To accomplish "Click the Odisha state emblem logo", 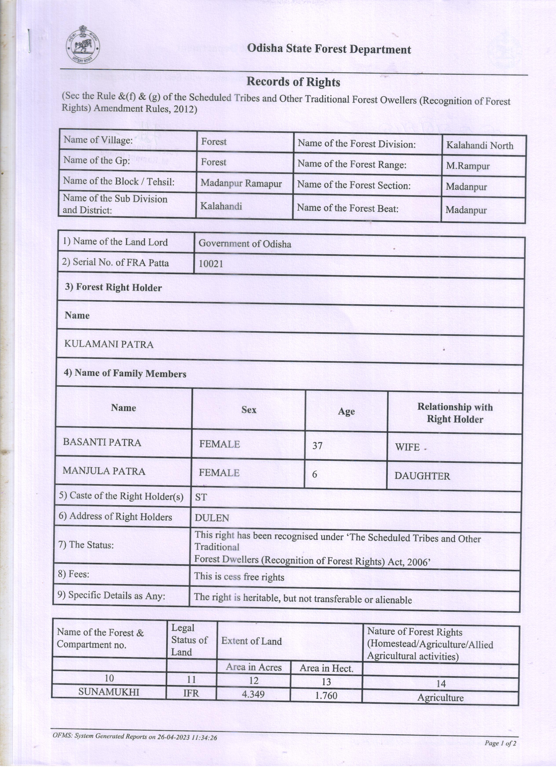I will tap(83, 44).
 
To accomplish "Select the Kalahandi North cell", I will tap(479, 146).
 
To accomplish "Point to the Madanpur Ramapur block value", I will tap(241, 183).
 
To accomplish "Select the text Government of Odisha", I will tap(245, 244).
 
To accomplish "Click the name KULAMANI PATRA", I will tap(109, 345).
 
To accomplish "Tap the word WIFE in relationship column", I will tap(407, 447).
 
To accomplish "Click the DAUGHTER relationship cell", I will tap(422, 476).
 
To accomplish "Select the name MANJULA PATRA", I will tap(104, 471).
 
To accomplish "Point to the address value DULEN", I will tap(212, 518).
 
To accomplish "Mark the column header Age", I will tap(346, 411).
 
